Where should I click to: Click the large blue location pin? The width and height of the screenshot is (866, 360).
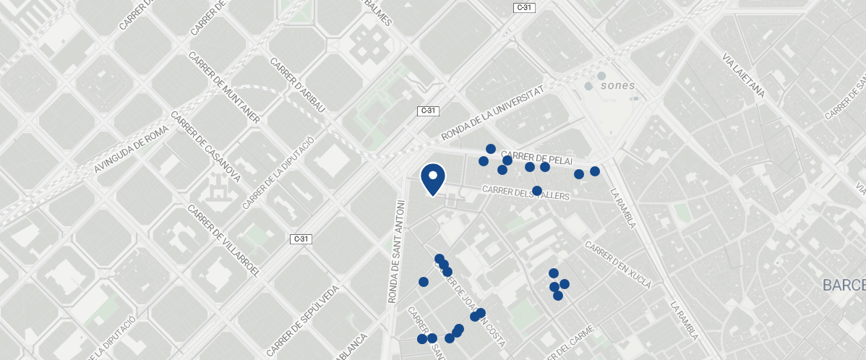coord(432,177)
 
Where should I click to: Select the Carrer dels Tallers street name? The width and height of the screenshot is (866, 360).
coord(526,192)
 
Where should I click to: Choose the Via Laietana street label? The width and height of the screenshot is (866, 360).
coord(744,75)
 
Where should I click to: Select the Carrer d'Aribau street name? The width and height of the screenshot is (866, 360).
coord(299,85)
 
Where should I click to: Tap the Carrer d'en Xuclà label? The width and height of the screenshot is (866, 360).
coord(619,265)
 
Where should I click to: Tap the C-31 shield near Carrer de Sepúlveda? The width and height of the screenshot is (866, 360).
coord(301,239)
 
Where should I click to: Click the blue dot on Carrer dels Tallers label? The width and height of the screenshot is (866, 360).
coord(537,191)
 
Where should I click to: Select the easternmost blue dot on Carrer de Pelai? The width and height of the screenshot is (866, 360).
coord(595,171)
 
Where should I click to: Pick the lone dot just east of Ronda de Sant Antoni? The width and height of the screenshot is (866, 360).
coord(424,282)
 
